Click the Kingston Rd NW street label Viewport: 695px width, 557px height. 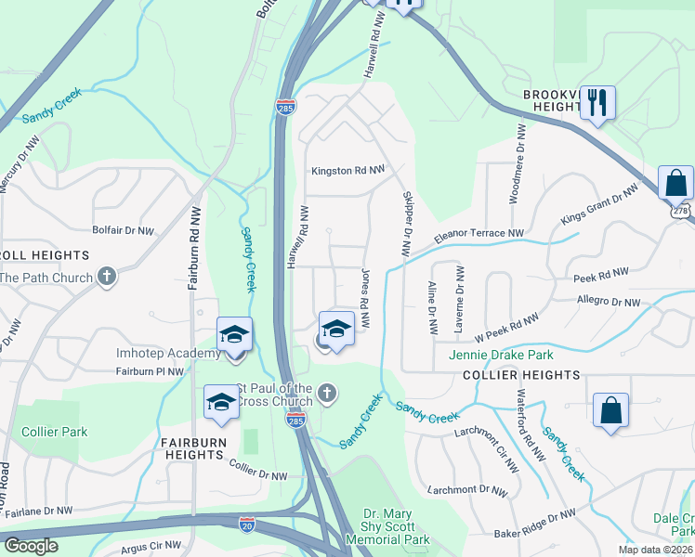[347, 171]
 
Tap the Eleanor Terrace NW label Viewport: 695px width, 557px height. [479, 234]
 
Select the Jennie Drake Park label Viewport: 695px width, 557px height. [501, 356]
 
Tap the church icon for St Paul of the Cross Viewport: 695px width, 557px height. [326, 395]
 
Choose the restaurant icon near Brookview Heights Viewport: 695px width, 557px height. [597, 102]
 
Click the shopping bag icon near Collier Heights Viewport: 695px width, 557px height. [610, 409]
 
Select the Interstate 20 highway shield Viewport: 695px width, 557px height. [247, 525]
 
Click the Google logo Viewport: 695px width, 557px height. [31, 546]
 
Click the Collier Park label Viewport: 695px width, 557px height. [55, 432]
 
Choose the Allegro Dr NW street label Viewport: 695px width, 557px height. [609, 302]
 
